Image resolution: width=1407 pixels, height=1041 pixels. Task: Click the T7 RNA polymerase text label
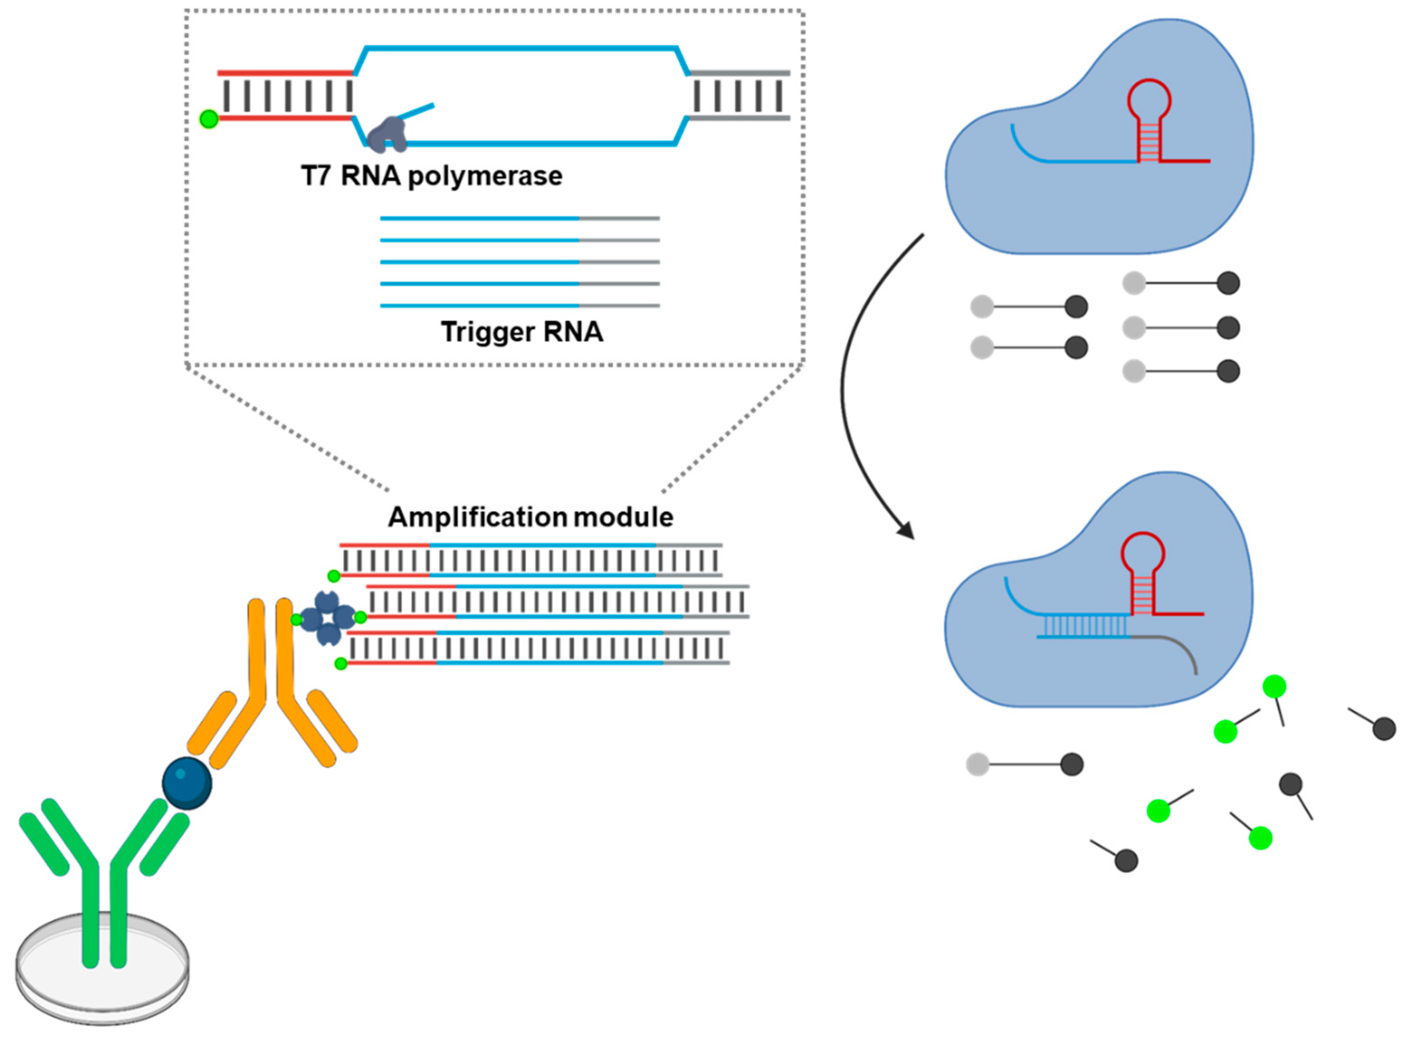pyautogui.click(x=432, y=176)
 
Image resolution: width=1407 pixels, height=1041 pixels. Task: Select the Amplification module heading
pyautogui.click(x=531, y=517)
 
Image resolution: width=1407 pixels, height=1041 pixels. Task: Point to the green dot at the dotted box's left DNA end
pyautogui.click(x=209, y=118)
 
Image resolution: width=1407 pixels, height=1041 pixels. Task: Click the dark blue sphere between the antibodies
pyautogui.click(x=187, y=783)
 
